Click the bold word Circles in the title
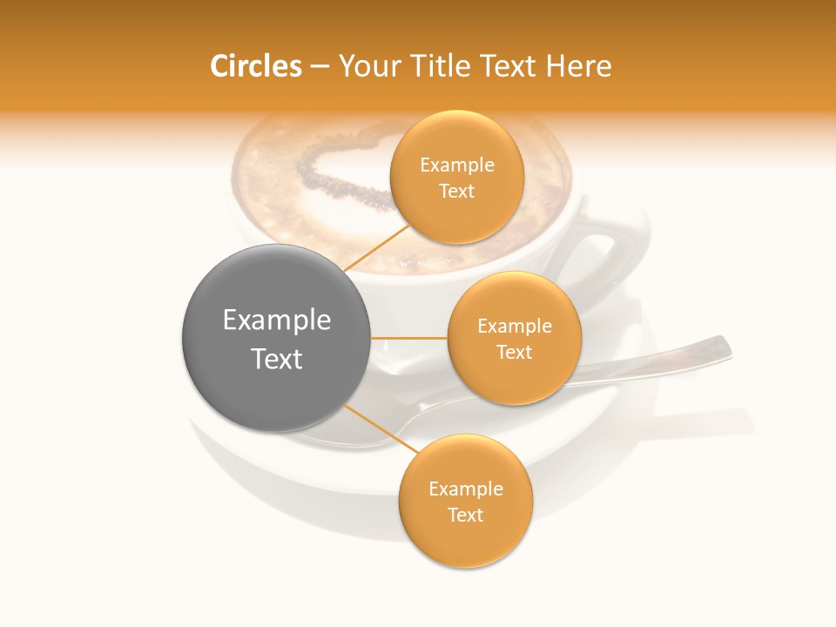(256, 66)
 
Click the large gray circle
(277, 338)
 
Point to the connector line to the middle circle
(409, 338)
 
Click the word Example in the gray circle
(277, 320)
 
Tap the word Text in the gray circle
(277, 359)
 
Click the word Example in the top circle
(457, 165)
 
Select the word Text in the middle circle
(514, 352)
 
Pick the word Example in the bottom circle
(466, 489)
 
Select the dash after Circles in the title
(320, 66)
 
